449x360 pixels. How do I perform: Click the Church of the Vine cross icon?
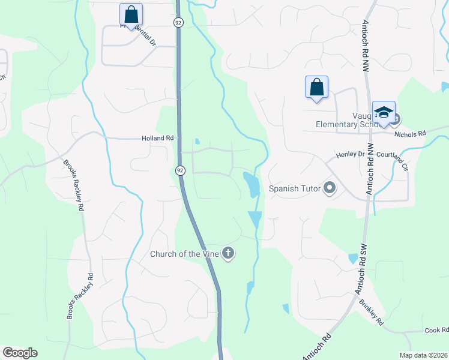click(x=228, y=254)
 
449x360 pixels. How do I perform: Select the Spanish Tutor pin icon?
click(x=329, y=188)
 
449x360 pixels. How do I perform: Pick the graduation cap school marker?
click(x=383, y=113)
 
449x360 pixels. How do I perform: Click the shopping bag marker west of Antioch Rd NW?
click(x=316, y=88)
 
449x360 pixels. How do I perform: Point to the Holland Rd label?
click(x=157, y=138)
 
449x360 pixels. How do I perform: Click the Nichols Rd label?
click(x=413, y=133)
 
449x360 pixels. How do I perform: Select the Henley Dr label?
click(x=350, y=154)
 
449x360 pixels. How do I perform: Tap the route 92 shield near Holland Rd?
click(x=180, y=170)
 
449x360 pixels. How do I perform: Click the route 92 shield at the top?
click(x=178, y=22)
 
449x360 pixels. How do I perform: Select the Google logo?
click(x=20, y=353)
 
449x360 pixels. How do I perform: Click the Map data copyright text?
click(x=423, y=355)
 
